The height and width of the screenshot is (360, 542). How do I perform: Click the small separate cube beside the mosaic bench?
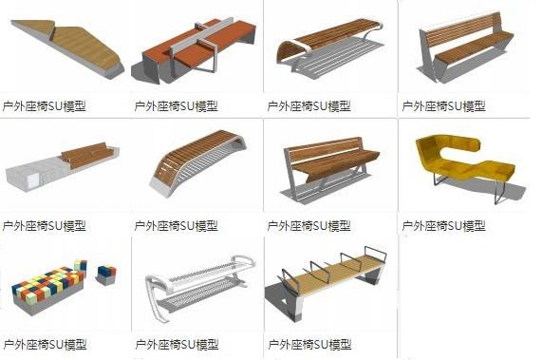(x=105, y=273)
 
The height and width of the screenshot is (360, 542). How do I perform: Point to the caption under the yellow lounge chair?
(x=443, y=225)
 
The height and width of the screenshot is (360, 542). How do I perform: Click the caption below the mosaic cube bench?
(x=45, y=344)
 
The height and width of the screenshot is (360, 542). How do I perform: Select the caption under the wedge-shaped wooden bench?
(x=45, y=106)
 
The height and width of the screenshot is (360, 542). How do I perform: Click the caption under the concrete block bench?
(x=45, y=225)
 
